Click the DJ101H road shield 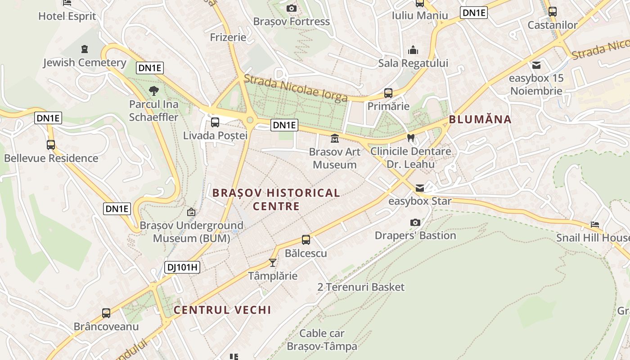(x=182, y=267)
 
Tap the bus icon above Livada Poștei (x=215, y=122)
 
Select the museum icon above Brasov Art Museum (x=334, y=139)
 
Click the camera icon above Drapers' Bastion (x=415, y=222)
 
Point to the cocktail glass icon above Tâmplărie (x=272, y=262)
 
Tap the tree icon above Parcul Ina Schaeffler (x=153, y=91)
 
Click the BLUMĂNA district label (x=480, y=119)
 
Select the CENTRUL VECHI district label (x=222, y=310)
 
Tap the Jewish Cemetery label (x=85, y=63)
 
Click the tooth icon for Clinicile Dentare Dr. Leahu (x=410, y=138)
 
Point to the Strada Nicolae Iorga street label (x=296, y=88)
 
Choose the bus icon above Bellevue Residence (x=51, y=145)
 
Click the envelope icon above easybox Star (x=419, y=188)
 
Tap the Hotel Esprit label (x=67, y=16)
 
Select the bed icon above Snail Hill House (x=595, y=224)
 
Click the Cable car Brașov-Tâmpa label (x=322, y=340)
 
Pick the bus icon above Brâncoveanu (x=106, y=313)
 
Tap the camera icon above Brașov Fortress (x=291, y=8)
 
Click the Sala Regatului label (x=413, y=63)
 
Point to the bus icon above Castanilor (x=552, y=12)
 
